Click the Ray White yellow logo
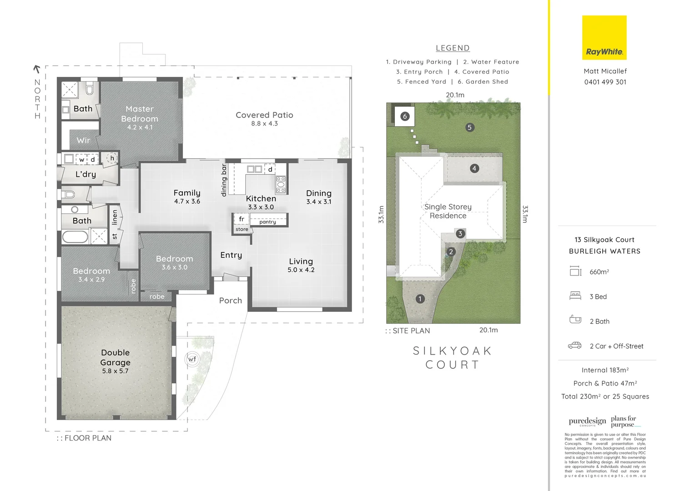(604, 38)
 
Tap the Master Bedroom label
(140, 114)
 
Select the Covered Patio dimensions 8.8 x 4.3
(264, 124)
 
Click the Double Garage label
(116, 358)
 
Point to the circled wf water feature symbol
(192, 359)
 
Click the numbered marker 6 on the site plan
(405, 116)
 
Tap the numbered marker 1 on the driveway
(420, 299)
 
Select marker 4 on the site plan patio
(474, 168)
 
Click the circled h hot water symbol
(112, 158)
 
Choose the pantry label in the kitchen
(267, 222)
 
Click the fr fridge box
(242, 219)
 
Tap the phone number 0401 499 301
(605, 82)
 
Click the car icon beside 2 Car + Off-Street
(574, 346)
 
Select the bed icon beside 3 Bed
(575, 296)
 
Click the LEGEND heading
(452, 48)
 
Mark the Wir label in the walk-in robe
(83, 140)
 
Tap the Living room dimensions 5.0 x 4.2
(301, 270)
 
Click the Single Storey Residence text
(448, 211)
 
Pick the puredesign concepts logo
(587, 421)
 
